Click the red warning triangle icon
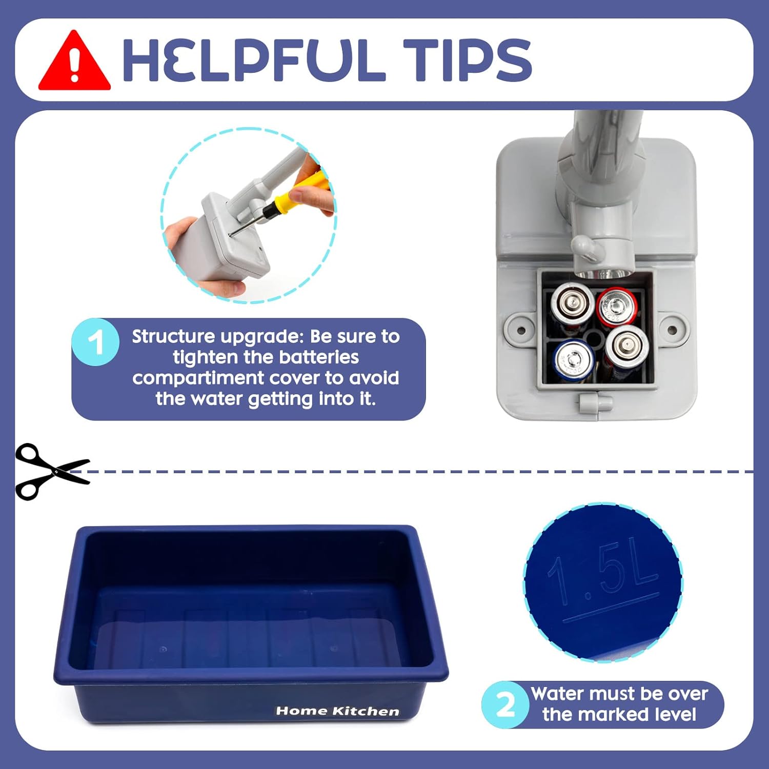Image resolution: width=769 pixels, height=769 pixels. (74, 61)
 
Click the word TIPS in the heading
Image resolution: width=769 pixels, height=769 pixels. (467, 60)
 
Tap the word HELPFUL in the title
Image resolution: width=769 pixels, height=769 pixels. (254, 60)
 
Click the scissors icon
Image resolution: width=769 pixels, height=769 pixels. (51, 471)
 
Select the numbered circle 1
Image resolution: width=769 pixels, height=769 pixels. (95, 342)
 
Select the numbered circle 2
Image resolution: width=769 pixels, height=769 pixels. (505, 705)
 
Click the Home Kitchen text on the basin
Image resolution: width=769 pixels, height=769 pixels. (337, 711)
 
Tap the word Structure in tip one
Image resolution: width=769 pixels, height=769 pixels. (174, 336)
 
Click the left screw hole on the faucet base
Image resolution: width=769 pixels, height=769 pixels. (521, 330)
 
